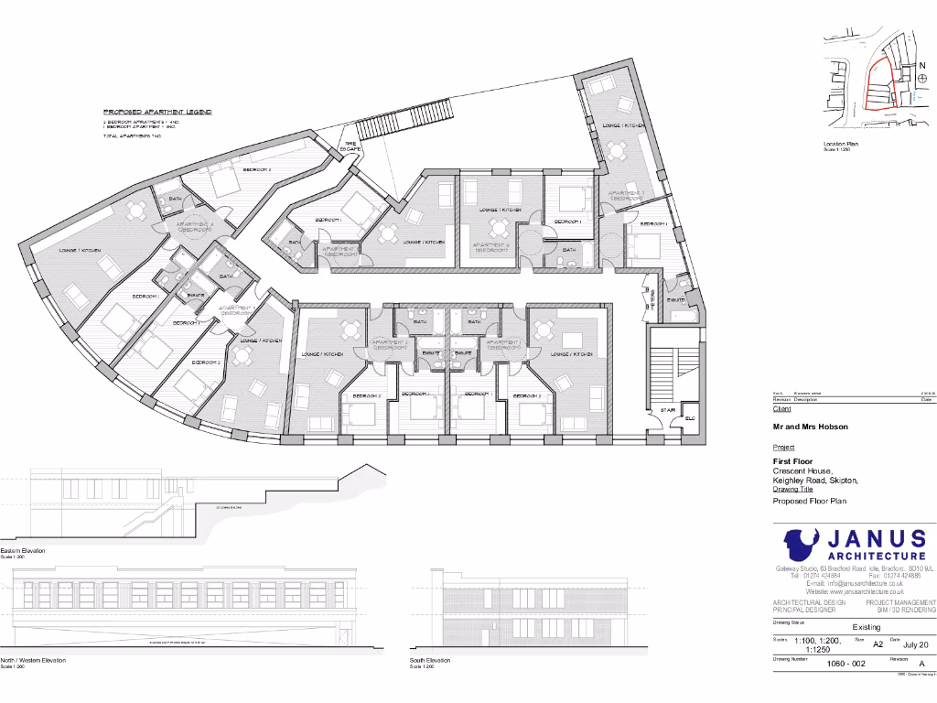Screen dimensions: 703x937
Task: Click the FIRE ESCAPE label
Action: pos(351,145)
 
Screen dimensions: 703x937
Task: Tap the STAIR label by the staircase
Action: pos(669,410)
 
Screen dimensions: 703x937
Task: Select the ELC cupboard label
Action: pos(690,418)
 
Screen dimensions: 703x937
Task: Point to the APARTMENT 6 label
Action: pos(490,247)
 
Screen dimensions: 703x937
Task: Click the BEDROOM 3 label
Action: pos(256,169)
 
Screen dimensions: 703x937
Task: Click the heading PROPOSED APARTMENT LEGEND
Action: pos(157,112)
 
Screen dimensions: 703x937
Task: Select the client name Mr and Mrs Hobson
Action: pos(810,427)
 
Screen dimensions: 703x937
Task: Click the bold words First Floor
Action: pos(792,461)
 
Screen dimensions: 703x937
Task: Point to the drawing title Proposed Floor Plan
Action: pos(810,501)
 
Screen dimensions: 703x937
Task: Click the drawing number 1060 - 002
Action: pos(846,663)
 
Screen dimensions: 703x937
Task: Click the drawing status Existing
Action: pos(867,627)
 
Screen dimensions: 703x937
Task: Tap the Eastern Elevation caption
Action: pos(23,551)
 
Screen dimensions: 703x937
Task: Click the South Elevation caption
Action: pos(430,660)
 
